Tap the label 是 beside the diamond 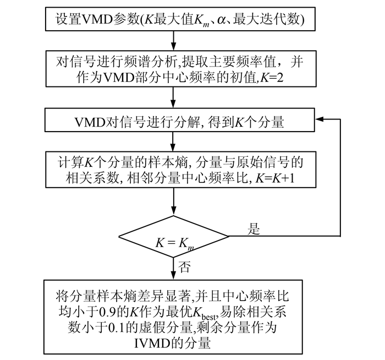(254, 230)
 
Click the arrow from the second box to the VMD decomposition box (174, 99)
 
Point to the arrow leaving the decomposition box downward (174, 141)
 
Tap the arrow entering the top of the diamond (174, 205)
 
